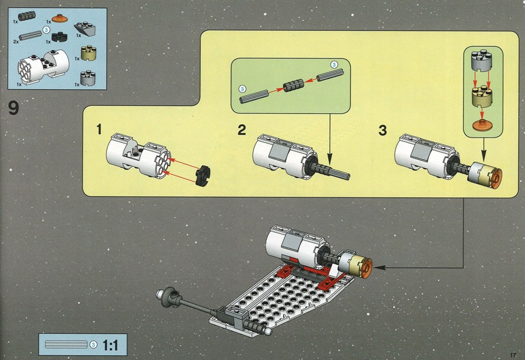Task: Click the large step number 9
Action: (14, 108)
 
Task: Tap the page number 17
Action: (513, 355)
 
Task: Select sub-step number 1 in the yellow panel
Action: (99, 129)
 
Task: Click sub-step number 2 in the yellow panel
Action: (241, 130)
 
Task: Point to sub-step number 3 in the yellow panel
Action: (383, 130)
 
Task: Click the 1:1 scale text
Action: (110, 345)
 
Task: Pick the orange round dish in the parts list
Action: (60, 18)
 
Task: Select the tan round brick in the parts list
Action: (88, 53)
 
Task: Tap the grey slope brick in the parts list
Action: (85, 29)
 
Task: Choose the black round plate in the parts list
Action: (59, 36)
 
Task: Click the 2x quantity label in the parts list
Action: (16, 42)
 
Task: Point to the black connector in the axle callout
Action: (293, 86)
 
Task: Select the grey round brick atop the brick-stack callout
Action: (481, 61)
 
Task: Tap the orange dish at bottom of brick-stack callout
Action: (481, 124)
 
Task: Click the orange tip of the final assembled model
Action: (366, 268)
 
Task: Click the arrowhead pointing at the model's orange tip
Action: (377, 267)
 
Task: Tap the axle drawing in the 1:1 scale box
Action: (66, 345)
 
